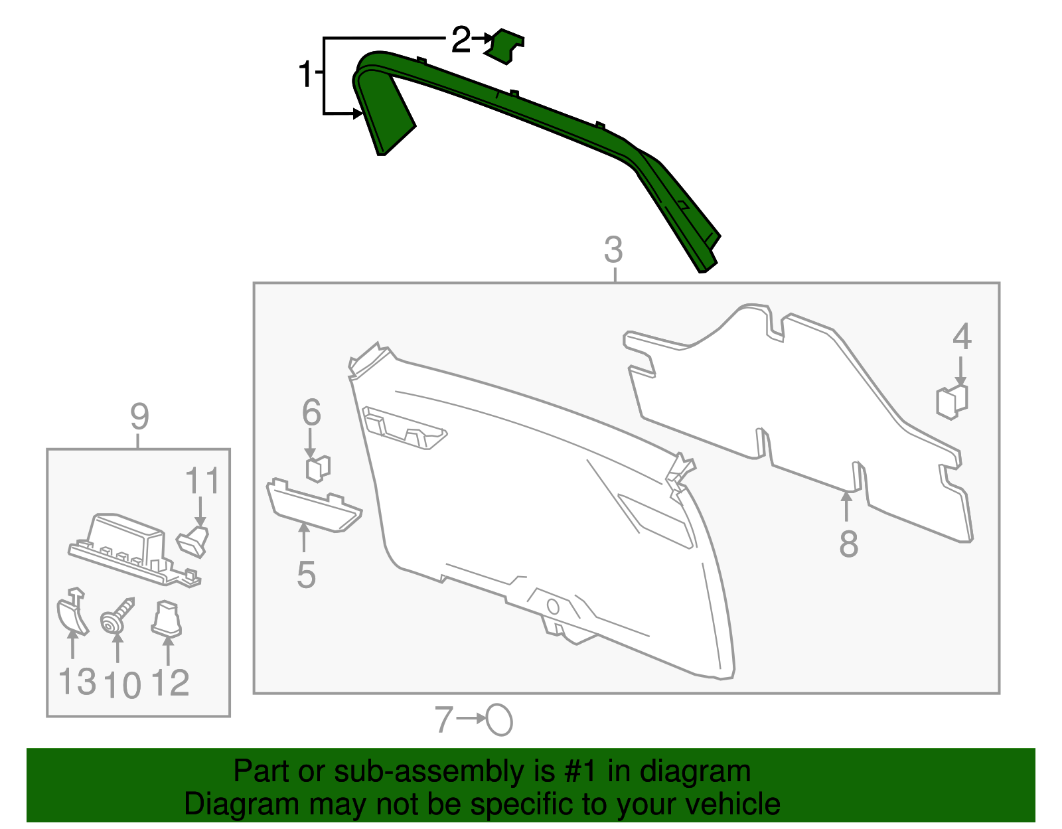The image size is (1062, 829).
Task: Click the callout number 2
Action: coord(461,40)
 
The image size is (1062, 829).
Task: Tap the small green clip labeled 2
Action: coord(504,46)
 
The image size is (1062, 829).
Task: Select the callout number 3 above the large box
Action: coord(613,250)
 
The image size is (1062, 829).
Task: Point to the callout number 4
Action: coord(962,337)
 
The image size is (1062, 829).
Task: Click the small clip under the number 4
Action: coord(952,402)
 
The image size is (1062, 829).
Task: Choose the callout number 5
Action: coord(307,575)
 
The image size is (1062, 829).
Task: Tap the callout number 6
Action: coord(311,412)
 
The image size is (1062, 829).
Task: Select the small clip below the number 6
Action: coord(318,469)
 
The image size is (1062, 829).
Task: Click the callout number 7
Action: coord(444,719)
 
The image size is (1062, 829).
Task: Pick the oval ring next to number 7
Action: coord(499,719)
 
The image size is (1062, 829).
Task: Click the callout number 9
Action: coord(139,417)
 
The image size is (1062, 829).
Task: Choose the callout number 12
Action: coord(170,683)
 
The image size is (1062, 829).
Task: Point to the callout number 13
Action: coord(77,682)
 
